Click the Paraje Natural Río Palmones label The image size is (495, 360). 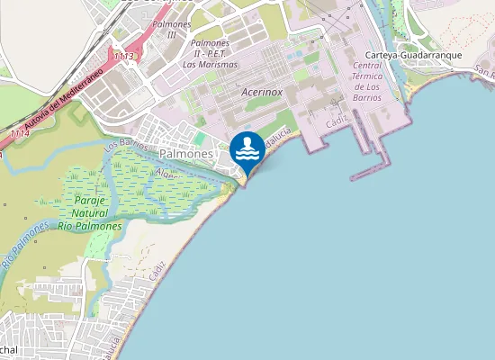pos(89,213)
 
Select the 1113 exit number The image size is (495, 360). pos(124,57)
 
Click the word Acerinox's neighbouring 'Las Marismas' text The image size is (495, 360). pos(211,64)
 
